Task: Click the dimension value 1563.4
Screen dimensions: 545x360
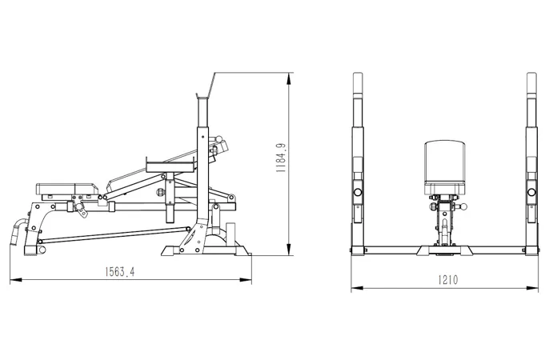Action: [x=119, y=272]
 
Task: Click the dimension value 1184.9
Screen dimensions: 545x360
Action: [x=280, y=158]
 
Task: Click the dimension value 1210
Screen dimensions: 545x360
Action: [x=447, y=280]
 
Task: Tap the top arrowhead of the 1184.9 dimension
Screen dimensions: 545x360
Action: [x=288, y=79]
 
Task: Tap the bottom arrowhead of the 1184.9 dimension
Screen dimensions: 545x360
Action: [x=288, y=250]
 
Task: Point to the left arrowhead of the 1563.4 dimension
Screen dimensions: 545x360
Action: [x=16, y=279]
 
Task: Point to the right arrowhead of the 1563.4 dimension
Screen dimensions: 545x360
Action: [x=246, y=279]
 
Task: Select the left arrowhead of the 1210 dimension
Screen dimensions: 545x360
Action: [x=357, y=288]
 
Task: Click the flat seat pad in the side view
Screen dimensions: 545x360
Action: [x=66, y=189]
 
